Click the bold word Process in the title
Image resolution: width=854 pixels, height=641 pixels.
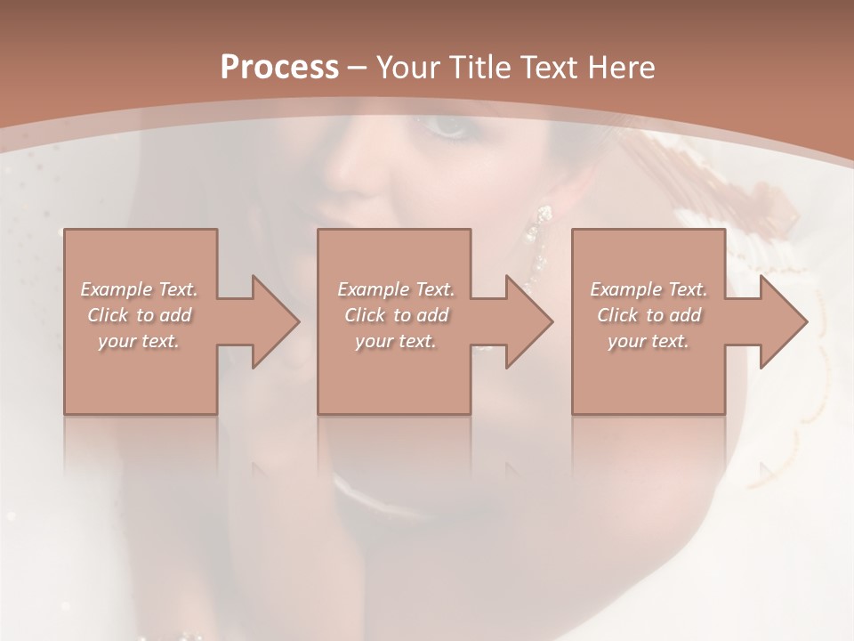tap(279, 67)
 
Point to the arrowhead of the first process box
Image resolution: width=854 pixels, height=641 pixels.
tap(276, 321)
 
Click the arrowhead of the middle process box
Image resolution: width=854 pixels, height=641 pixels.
tap(530, 321)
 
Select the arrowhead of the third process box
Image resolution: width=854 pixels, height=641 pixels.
tap(785, 321)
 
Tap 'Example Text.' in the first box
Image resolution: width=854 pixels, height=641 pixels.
tap(140, 289)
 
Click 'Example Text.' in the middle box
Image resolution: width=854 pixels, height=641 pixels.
tap(396, 289)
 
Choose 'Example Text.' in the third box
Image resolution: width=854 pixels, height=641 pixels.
tap(649, 289)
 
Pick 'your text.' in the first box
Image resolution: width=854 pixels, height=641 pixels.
tap(140, 341)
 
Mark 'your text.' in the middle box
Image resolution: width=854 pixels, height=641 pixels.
tap(396, 341)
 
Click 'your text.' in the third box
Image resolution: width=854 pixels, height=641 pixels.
tap(649, 341)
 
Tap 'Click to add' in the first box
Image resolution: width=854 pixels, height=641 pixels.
tap(140, 315)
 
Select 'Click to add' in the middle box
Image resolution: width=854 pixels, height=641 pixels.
tap(396, 315)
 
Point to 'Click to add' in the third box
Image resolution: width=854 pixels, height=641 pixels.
tap(649, 315)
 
